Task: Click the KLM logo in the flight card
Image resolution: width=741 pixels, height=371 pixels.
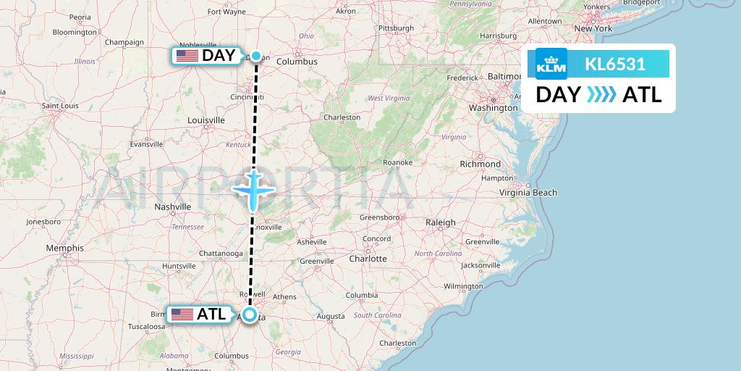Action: pyautogui.click(x=551, y=64)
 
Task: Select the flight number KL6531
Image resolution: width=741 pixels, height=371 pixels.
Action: pyautogui.click(x=615, y=64)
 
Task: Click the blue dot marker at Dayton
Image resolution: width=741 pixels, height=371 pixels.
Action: pyautogui.click(x=255, y=56)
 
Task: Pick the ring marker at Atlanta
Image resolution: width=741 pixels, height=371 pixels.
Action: pyautogui.click(x=250, y=314)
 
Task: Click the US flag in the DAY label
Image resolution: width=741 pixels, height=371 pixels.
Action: pyautogui.click(x=187, y=56)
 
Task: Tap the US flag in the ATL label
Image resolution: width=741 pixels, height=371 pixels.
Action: pyautogui.click(x=182, y=314)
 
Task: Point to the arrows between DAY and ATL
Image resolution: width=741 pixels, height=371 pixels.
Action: pyautogui.click(x=601, y=94)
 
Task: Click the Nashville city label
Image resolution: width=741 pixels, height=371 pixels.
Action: pyautogui.click(x=172, y=207)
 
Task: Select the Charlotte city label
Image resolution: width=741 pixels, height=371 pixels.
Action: pyautogui.click(x=368, y=258)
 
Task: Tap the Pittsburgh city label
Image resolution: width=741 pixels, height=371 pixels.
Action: pyautogui.click(x=396, y=28)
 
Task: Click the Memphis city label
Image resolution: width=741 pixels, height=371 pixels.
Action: pyautogui.click(x=64, y=248)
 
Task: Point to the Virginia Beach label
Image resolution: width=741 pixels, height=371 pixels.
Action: pyautogui.click(x=529, y=193)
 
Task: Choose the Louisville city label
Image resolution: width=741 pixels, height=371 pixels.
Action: pyautogui.click(x=206, y=120)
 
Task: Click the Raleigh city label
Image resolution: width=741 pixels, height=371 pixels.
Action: pyautogui.click(x=441, y=222)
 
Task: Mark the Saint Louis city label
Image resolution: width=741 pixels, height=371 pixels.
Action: pyautogui.click(x=60, y=105)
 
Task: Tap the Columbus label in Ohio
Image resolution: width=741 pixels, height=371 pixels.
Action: pyautogui.click(x=297, y=62)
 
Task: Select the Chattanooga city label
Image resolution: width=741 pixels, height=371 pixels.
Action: pyautogui.click(x=221, y=254)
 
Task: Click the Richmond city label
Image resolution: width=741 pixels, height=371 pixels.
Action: pyautogui.click(x=480, y=164)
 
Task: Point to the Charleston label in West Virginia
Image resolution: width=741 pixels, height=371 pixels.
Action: pyautogui.click(x=342, y=117)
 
